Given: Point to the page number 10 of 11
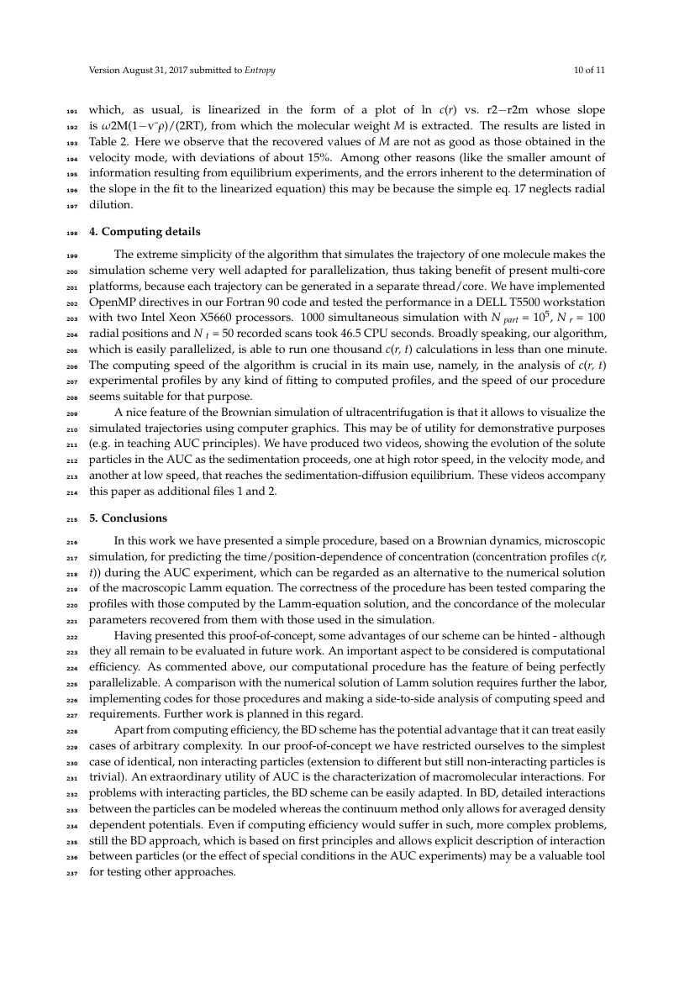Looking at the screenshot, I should point(589,70).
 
